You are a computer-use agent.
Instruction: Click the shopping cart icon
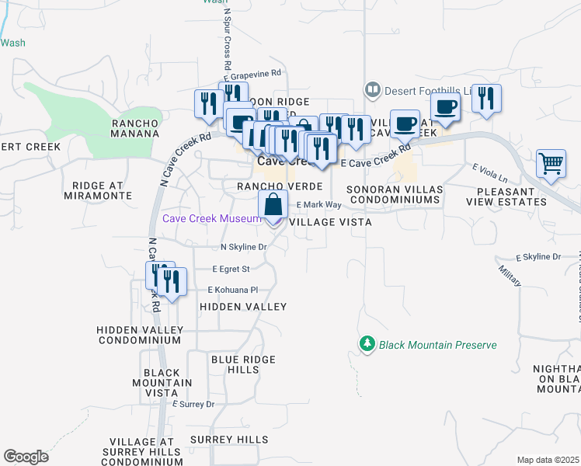[551, 163]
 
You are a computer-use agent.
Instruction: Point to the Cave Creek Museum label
[210, 219]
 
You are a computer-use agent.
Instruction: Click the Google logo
[26, 457]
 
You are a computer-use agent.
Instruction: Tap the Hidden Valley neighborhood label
[243, 308]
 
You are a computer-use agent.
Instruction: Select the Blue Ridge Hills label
[243, 364]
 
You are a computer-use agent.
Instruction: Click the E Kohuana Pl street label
[231, 290]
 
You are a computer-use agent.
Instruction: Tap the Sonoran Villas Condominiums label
[394, 195]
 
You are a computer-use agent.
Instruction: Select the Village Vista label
[330, 222]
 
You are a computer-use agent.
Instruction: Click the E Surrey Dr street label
[193, 405]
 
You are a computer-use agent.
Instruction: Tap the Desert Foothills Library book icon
[372, 91]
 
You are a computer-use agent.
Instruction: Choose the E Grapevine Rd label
[251, 76]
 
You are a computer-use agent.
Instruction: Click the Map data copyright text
[548, 460]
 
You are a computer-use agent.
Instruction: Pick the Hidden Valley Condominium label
[139, 335]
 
